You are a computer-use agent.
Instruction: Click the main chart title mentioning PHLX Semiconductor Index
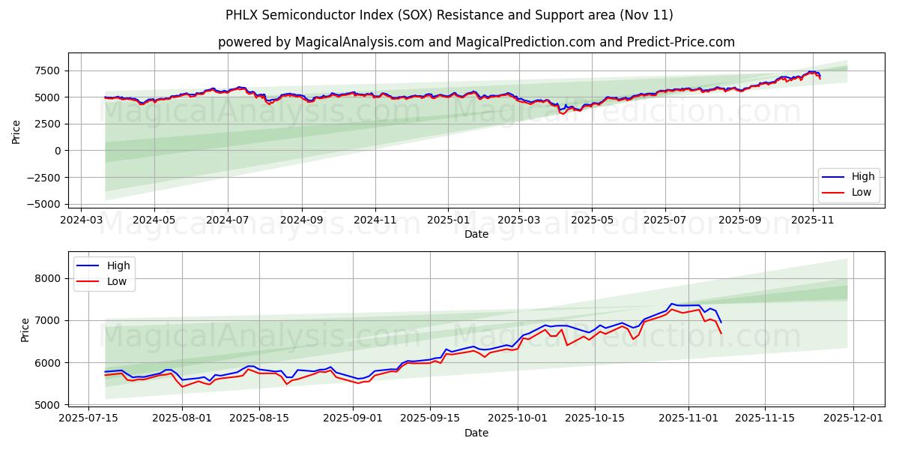click(449, 15)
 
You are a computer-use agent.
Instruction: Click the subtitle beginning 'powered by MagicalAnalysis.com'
click(476, 42)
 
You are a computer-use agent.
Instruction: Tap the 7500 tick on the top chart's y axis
click(46, 70)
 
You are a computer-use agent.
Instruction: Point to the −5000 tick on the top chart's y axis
click(43, 204)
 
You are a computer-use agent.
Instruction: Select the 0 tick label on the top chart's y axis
click(58, 151)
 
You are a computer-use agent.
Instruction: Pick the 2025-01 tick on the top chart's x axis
click(448, 220)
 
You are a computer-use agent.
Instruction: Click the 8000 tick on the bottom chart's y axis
click(53, 278)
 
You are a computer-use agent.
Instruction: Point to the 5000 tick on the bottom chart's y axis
click(53, 405)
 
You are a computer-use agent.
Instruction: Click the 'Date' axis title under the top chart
click(476, 234)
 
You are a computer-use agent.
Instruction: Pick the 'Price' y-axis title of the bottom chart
click(25, 329)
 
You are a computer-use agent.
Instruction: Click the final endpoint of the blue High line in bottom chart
click(721, 322)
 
